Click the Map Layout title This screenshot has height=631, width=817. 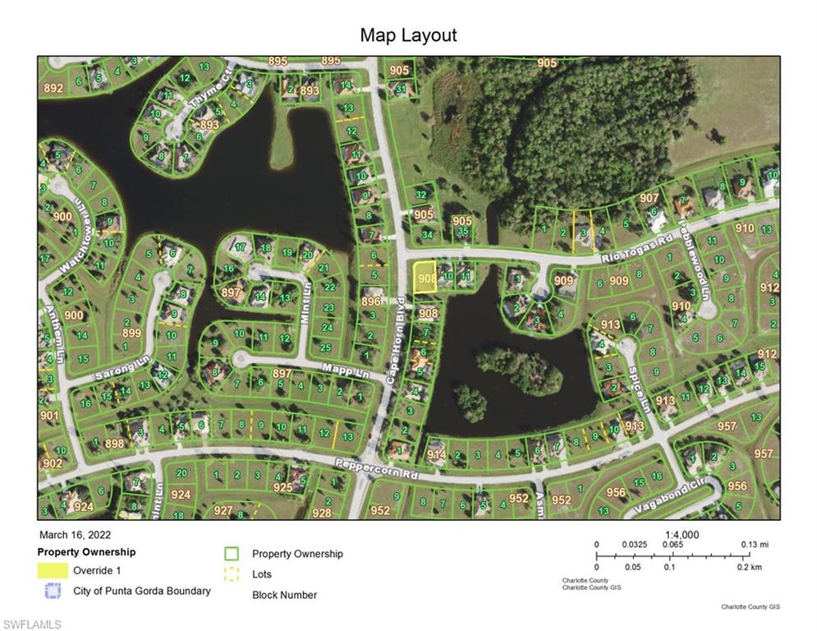click(x=408, y=35)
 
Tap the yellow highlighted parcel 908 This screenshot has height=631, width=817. click(x=424, y=278)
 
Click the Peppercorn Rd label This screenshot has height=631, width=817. click(x=379, y=470)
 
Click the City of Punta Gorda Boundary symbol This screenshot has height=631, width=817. click(x=53, y=591)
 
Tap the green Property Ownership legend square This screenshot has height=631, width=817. click(x=232, y=554)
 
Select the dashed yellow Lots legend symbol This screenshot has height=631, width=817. click(x=232, y=574)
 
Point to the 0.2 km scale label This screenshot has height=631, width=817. click(x=749, y=567)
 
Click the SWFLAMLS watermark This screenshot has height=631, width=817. click(x=31, y=624)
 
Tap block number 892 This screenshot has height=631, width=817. click(x=53, y=88)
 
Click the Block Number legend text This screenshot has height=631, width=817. click(x=284, y=595)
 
